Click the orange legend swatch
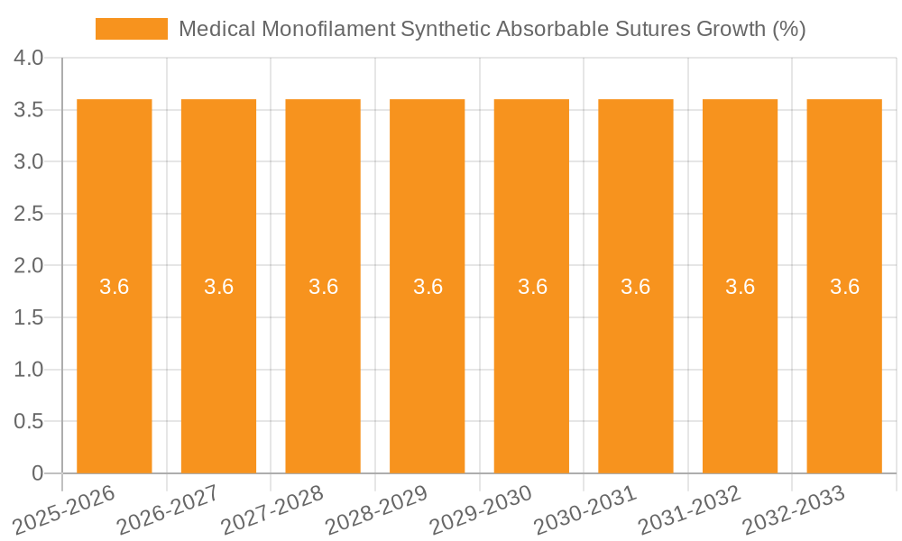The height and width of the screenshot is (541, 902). (132, 29)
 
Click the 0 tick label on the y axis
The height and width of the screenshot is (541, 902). (37, 473)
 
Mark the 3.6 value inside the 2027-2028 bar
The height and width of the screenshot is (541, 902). (323, 287)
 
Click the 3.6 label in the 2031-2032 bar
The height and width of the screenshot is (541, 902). (741, 287)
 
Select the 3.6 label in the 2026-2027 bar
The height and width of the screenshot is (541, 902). (219, 287)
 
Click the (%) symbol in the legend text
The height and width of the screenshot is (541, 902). (788, 29)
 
